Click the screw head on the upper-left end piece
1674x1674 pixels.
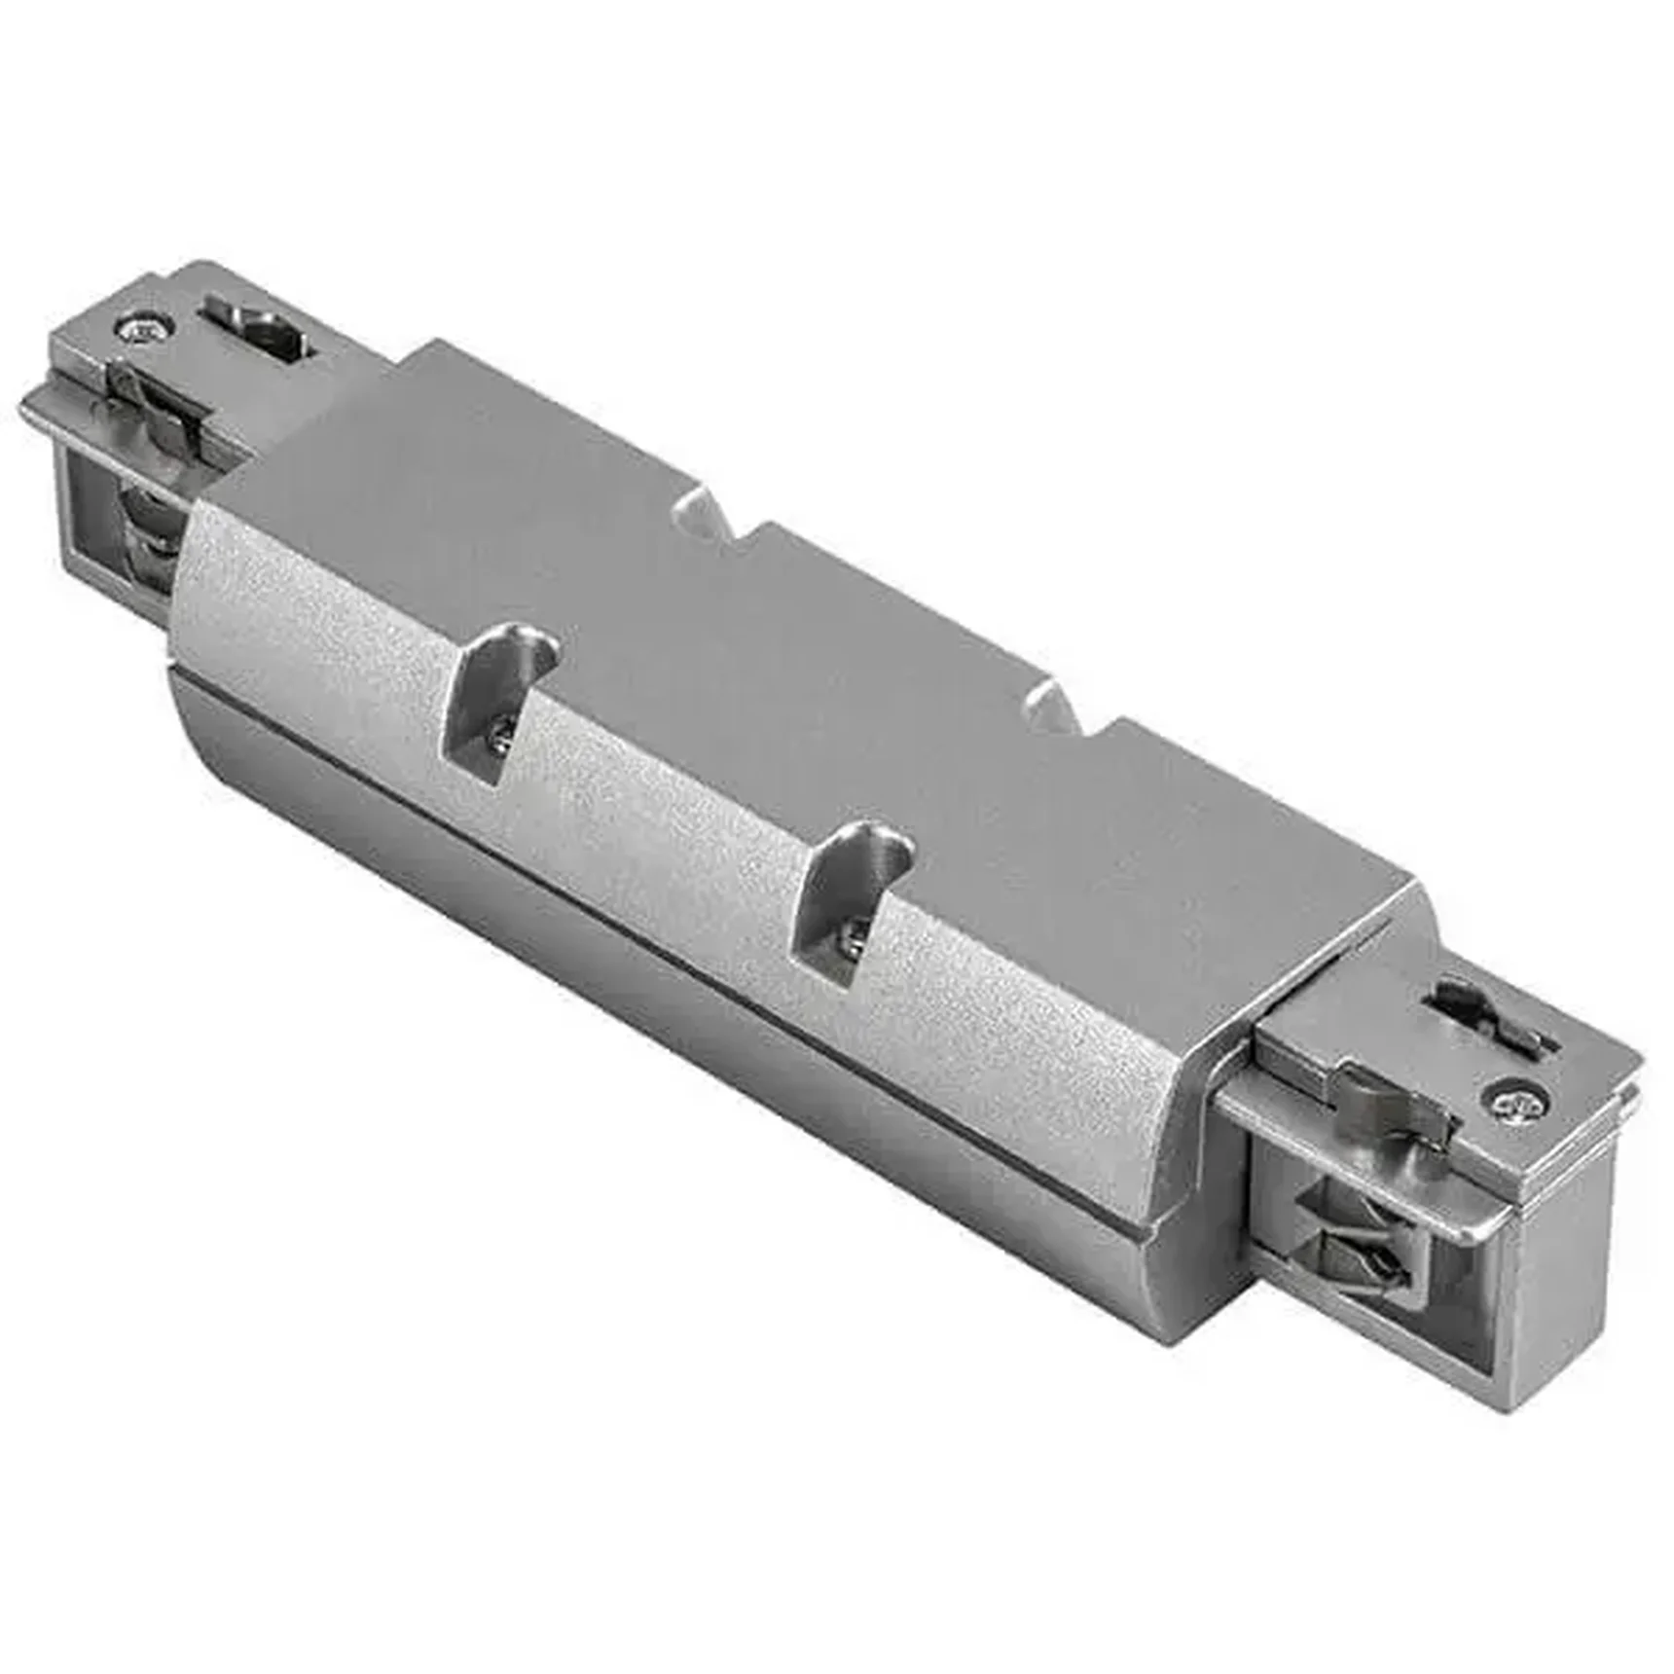click(144, 328)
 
